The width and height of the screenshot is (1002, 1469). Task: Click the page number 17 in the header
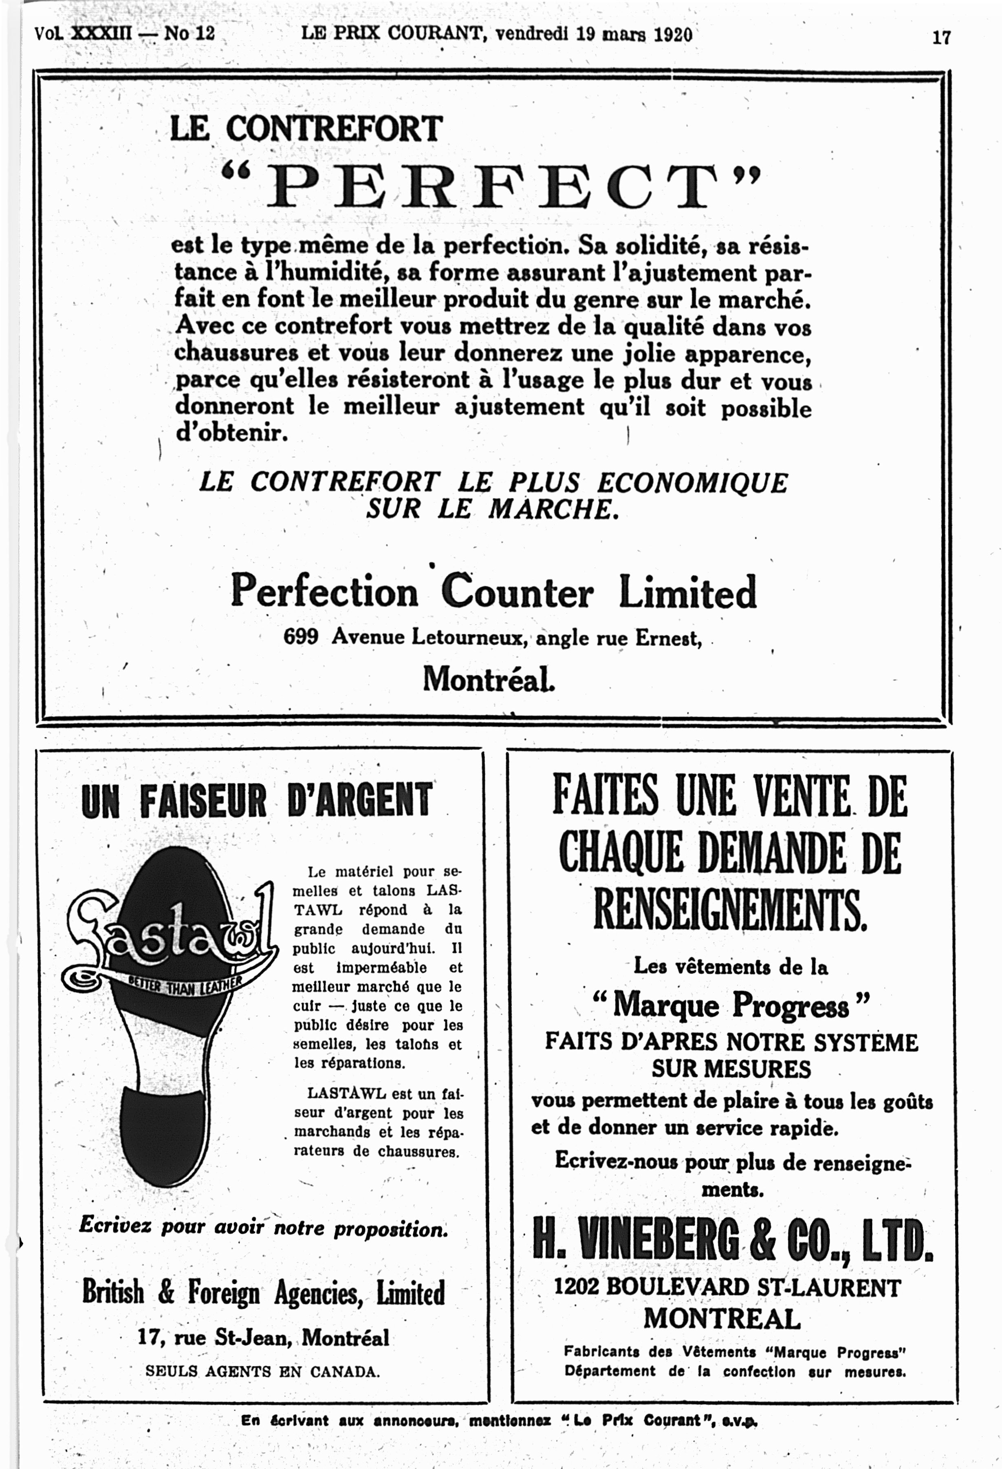coord(941,37)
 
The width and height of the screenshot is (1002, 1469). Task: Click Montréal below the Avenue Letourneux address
coord(488,680)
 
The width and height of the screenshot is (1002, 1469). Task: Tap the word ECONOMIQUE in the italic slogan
coord(692,483)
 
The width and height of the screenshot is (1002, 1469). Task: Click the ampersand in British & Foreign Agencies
coord(166,1292)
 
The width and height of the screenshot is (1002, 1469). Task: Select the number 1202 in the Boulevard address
coord(576,1287)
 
